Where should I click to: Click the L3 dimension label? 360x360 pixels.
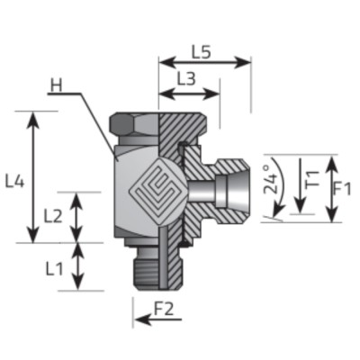pos(185,78)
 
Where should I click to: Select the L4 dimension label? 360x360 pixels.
pos(13,180)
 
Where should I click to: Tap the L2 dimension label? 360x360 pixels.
pos(53,216)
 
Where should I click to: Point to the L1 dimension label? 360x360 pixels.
pos(53,267)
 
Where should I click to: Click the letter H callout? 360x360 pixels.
pos(57,87)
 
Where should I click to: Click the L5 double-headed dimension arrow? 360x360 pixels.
pos(204,62)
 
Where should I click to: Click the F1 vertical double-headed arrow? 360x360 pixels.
pos(332,189)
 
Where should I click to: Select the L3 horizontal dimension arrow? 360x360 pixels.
pos(188,93)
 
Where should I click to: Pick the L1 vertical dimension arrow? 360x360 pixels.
pos(80,266)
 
